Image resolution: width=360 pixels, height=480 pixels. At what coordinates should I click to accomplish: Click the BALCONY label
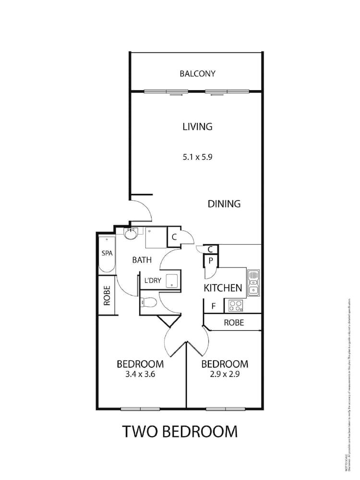pos(197,74)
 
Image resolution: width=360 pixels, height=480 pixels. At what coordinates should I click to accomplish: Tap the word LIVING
pos(197,127)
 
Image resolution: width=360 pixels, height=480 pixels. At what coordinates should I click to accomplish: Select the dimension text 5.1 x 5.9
pos(197,156)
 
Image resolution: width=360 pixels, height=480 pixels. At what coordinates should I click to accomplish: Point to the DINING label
pos(224,204)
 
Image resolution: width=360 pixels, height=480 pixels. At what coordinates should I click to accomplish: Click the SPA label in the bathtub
pos(107,253)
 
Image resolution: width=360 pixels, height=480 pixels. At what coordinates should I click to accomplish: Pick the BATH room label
pos(142,260)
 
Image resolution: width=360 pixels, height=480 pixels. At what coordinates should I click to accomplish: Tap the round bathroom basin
pos(131,234)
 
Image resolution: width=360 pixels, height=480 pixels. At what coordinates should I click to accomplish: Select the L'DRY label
pos(152,280)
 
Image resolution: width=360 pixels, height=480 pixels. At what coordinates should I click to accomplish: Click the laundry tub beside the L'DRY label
pos(172,281)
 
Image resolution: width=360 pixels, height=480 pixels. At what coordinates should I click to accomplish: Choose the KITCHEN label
pos(223,288)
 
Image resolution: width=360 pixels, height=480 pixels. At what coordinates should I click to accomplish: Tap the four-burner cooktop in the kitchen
pos(235,304)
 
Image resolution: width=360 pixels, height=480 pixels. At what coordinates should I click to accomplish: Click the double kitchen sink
pos(253,282)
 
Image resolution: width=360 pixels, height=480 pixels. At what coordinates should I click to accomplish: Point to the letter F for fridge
pos(213,305)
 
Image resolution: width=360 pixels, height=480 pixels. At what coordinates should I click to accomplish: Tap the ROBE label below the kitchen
pos(234,323)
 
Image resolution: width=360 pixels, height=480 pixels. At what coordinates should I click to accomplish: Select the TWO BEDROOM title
pos(180,431)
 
